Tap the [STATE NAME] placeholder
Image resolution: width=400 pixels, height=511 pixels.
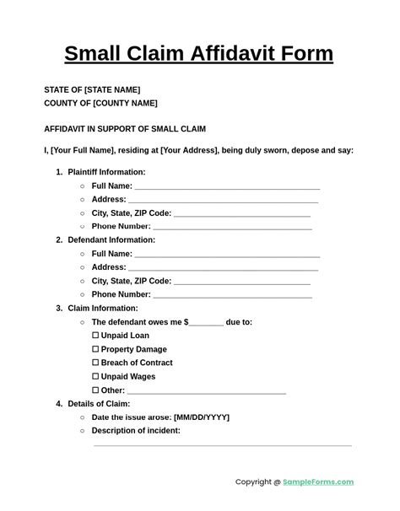[x=112, y=90]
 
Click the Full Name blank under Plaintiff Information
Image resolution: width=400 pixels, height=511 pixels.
[x=227, y=187]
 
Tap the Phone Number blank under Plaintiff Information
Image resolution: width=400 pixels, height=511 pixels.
[x=232, y=228]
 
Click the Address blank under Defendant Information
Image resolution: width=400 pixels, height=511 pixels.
[x=223, y=268]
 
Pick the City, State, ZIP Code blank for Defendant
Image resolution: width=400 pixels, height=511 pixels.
[x=242, y=282]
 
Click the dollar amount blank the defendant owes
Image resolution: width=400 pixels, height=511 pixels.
[x=207, y=323]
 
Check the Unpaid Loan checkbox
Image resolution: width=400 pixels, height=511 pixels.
[x=95, y=336]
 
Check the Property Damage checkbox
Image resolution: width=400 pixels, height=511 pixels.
[x=95, y=349]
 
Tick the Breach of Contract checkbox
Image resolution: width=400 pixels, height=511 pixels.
[x=95, y=363]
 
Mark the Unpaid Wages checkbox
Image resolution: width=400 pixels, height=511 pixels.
[x=95, y=377]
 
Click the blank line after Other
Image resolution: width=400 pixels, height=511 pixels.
[x=207, y=392]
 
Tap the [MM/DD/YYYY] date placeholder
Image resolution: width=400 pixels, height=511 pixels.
[x=202, y=417]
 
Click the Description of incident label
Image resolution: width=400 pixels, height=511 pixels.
[x=136, y=431]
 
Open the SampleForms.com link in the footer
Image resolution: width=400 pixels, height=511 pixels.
[x=318, y=482]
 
